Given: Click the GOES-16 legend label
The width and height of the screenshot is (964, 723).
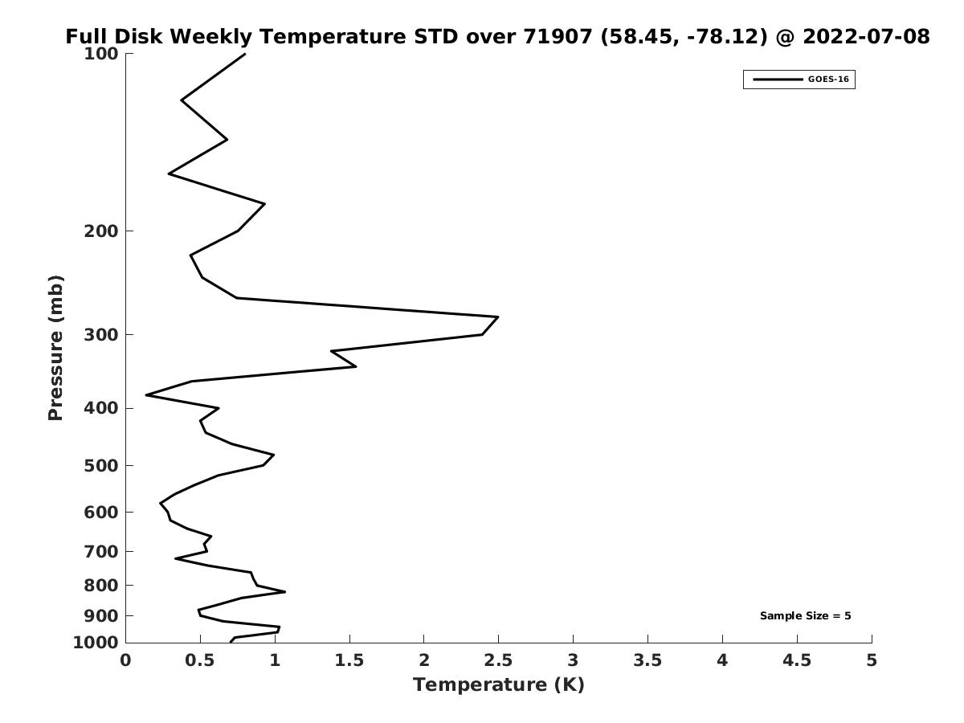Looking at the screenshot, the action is point(828,80).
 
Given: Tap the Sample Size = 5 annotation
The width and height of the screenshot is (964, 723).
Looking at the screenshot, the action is point(806,616).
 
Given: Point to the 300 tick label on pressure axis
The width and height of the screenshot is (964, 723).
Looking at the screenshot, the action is point(101,335).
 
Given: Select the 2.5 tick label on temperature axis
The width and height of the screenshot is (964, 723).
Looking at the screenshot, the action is point(498,660).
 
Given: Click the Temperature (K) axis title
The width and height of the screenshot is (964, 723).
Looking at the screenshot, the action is point(499,684).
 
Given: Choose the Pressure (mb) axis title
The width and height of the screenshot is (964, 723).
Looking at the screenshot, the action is point(55,348).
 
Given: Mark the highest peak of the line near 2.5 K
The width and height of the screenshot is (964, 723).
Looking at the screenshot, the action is point(498,317).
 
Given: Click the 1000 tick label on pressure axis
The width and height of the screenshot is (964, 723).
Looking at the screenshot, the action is point(96,643).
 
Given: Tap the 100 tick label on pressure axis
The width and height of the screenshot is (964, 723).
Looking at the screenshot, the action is point(101,54).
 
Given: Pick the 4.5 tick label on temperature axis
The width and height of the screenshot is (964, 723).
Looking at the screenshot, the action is point(797,660).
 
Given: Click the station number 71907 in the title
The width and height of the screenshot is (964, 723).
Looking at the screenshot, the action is point(558,36).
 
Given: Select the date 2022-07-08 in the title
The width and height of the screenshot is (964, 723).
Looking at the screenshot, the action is point(866,36).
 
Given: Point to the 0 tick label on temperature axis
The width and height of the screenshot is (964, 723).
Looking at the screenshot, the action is point(125,660).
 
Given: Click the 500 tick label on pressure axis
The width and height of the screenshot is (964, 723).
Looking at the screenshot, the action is point(101,466).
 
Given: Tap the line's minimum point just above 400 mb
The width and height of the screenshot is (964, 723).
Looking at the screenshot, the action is point(146,395).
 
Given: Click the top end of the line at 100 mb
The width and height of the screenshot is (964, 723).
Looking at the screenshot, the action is point(245,54).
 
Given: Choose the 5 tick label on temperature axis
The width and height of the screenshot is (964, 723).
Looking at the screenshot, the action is point(872,660).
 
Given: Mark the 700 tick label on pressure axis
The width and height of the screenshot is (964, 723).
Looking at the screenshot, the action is point(101,552).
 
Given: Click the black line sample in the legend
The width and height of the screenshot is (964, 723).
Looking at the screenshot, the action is point(778,80).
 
